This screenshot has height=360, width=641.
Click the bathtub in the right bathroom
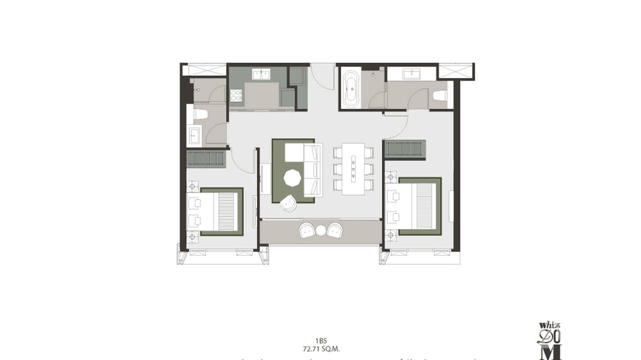tap(352, 89)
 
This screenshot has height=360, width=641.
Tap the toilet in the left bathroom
tap(199, 115)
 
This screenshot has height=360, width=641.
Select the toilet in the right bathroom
tap(439, 96)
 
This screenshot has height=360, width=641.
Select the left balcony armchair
tap(307, 231)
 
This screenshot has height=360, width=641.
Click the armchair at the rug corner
tap(289, 204)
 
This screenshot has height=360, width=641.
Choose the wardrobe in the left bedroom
tap(206, 159)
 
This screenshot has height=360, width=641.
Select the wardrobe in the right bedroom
tap(405, 148)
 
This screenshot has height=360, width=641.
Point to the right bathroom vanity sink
tap(411, 74)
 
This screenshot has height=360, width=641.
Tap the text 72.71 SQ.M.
tap(320, 349)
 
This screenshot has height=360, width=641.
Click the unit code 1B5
tap(320, 341)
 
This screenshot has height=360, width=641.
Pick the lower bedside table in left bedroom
tap(192, 236)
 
